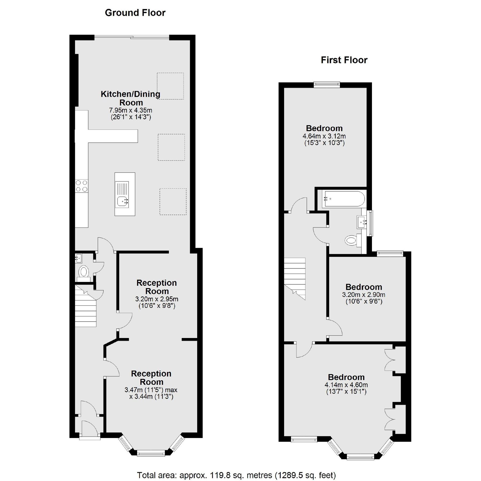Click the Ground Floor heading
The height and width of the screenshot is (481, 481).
(135, 13)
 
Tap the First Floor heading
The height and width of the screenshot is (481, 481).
(344, 60)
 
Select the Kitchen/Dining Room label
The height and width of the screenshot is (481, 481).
(131, 98)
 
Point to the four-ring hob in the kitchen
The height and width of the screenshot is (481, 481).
(82, 186)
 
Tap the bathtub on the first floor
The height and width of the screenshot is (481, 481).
(343, 199)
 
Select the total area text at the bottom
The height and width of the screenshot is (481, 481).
(236, 475)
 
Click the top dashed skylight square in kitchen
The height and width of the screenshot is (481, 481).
(170, 86)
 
